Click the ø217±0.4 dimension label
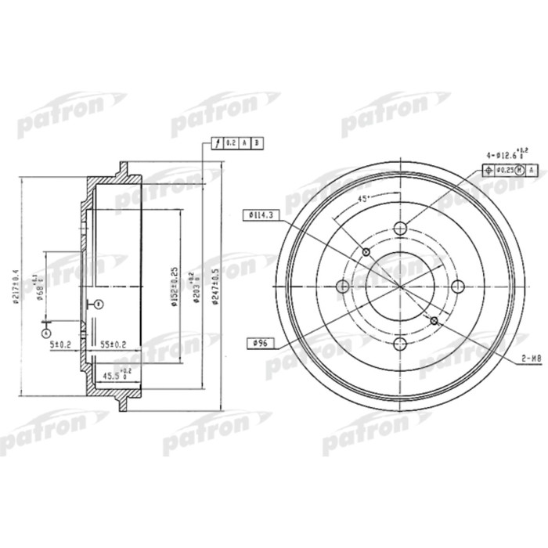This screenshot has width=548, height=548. [16, 285]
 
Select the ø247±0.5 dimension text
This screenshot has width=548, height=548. [215, 286]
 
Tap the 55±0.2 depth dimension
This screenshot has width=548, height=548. [115, 343]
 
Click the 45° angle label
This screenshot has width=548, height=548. [362, 200]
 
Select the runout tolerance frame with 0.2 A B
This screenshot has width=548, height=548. [238, 142]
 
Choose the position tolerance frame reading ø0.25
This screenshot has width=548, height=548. [510, 169]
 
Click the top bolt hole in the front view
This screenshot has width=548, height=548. [401, 229]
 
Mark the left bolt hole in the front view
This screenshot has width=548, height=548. [343, 287]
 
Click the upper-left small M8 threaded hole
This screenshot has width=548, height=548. [366, 252]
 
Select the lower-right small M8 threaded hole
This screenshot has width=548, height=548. [435, 320]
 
